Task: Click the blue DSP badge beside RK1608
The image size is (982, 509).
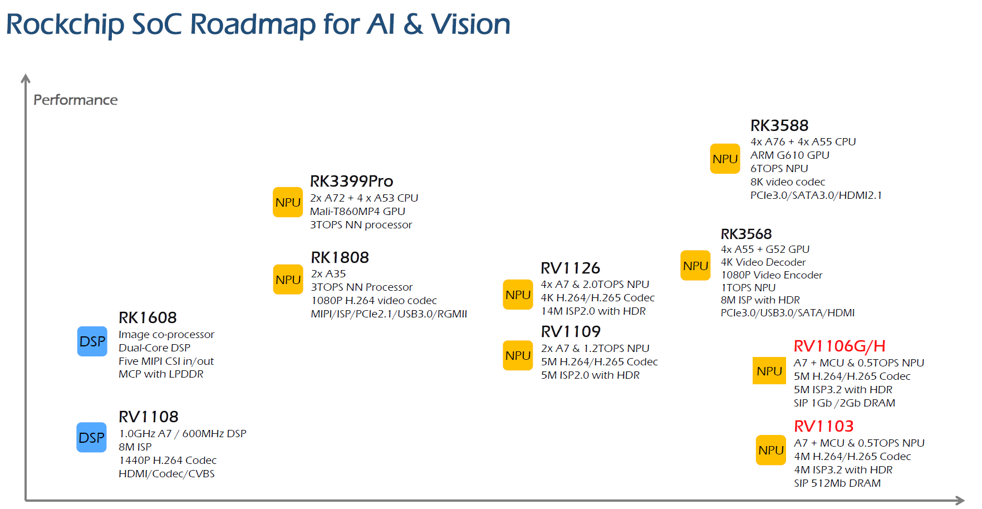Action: coord(92,341)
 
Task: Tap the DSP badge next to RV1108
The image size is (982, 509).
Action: coord(92,438)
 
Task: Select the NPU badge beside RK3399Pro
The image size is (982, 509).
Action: coord(288,202)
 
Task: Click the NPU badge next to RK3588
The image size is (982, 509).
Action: coord(725,159)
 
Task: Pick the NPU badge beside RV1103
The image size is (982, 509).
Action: coord(771,450)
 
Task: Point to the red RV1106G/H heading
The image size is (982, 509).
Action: coord(839,346)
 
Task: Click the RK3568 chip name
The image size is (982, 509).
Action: coord(746,234)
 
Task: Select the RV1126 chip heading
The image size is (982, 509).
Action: coord(570,268)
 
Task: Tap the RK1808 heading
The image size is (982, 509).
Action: coord(340,257)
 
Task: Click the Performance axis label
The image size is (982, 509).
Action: coord(76,100)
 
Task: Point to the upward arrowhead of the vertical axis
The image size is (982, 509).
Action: coord(26,79)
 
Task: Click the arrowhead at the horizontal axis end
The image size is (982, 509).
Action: coord(960,500)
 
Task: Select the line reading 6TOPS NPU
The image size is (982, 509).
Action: coord(779,168)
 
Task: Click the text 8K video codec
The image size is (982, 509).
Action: coord(787,182)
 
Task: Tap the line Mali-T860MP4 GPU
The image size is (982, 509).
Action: coord(357,211)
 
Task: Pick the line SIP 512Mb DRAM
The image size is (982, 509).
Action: coord(837,483)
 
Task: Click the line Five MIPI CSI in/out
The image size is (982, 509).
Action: coord(166,361)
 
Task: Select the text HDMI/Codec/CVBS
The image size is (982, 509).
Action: coord(166,473)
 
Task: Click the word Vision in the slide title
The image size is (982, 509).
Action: coord(470,25)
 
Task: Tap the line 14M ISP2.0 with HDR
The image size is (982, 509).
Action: coord(593,311)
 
